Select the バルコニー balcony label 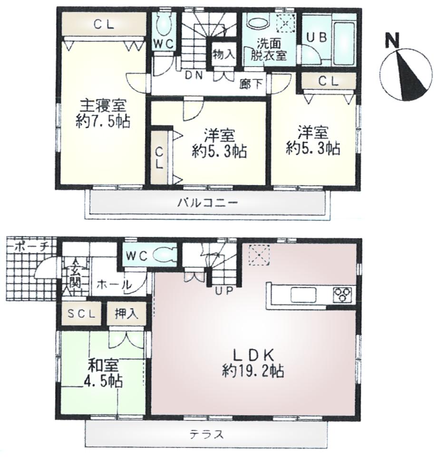[207, 203]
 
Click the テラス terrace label [206, 434]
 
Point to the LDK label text [253, 355]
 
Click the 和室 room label [103, 366]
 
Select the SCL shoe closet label [84, 314]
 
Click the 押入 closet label [126, 314]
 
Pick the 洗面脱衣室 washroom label [269, 48]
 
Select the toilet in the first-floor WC [165, 255]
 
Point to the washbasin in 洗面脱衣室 [257, 23]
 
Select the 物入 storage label [223, 54]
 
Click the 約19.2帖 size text [253, 370]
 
